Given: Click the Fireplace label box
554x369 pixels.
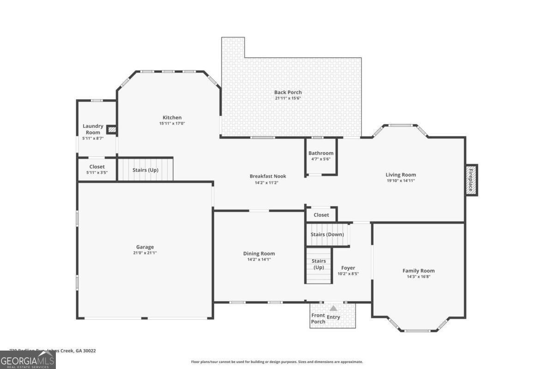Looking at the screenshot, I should (471, 180).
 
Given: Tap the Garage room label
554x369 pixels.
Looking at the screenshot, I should (145, 247).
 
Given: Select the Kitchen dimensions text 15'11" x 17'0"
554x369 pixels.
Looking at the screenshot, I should (172, 124).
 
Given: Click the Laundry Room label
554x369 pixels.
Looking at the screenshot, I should (93, 129).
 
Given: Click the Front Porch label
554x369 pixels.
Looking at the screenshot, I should (318, 318).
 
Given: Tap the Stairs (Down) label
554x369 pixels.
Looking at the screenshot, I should (327, 234).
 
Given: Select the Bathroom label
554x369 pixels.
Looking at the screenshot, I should (321, 153).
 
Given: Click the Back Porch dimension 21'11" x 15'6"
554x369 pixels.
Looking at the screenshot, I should (288, 98).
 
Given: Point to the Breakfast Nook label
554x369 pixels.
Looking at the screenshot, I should (268, 176).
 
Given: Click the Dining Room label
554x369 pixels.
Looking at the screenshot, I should (259, 253).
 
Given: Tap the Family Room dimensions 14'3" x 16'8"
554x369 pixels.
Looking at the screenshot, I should (419, 277).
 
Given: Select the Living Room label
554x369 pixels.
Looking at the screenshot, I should (401, 175).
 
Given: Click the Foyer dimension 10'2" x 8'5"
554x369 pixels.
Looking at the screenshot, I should (348, 274).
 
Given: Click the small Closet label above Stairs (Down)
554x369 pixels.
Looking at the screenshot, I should (321, 215).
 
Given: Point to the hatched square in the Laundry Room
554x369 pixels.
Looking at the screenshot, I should (111, 130).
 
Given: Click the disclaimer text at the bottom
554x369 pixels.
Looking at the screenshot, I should (277, 362).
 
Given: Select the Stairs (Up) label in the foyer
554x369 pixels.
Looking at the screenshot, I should (319, 264).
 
